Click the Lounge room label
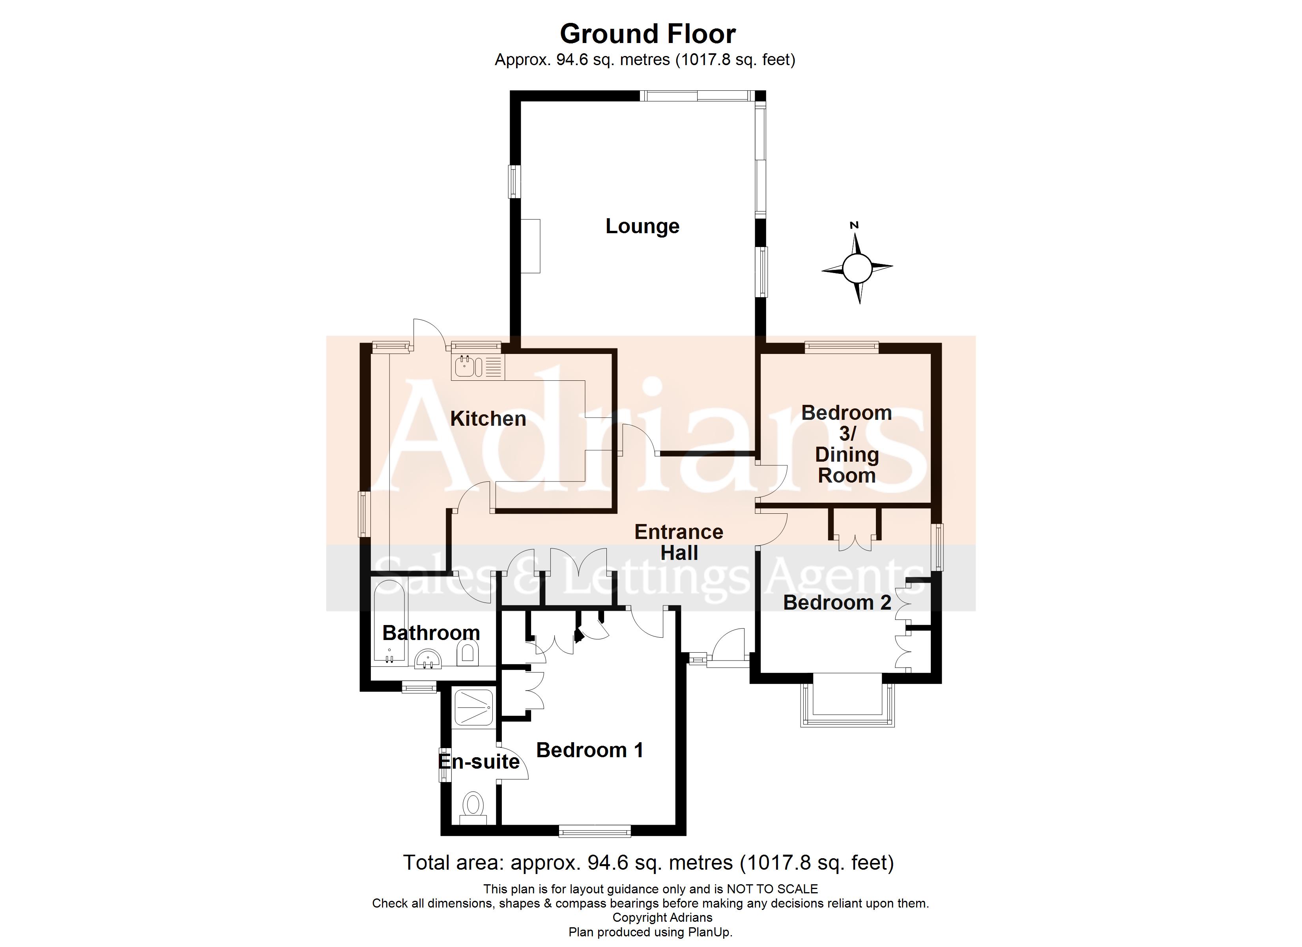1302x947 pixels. [642, 226]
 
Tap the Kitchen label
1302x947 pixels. [488, 419]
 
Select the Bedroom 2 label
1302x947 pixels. [836, 603]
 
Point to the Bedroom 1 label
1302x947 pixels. [589, 750]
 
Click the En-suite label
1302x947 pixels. [478, 762]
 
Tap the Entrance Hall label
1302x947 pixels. [679, 542]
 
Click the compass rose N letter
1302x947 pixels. [854, 225]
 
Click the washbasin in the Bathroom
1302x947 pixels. [428, 660]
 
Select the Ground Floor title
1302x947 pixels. [647, 34]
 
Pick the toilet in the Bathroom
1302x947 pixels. [468, 653]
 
